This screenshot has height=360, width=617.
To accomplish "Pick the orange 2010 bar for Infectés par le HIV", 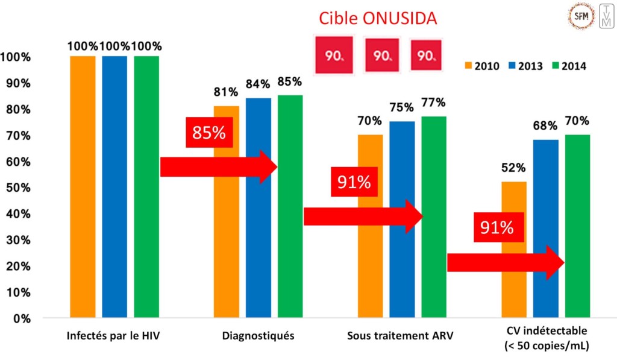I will point(83,187).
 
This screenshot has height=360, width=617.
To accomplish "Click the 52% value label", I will point(514,168).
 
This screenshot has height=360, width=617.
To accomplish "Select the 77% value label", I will point(434,103).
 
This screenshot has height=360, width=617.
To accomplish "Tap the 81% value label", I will point(227,92).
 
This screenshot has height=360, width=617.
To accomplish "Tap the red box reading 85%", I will point(208,133).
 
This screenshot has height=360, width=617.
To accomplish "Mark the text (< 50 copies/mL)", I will point(546,346).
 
